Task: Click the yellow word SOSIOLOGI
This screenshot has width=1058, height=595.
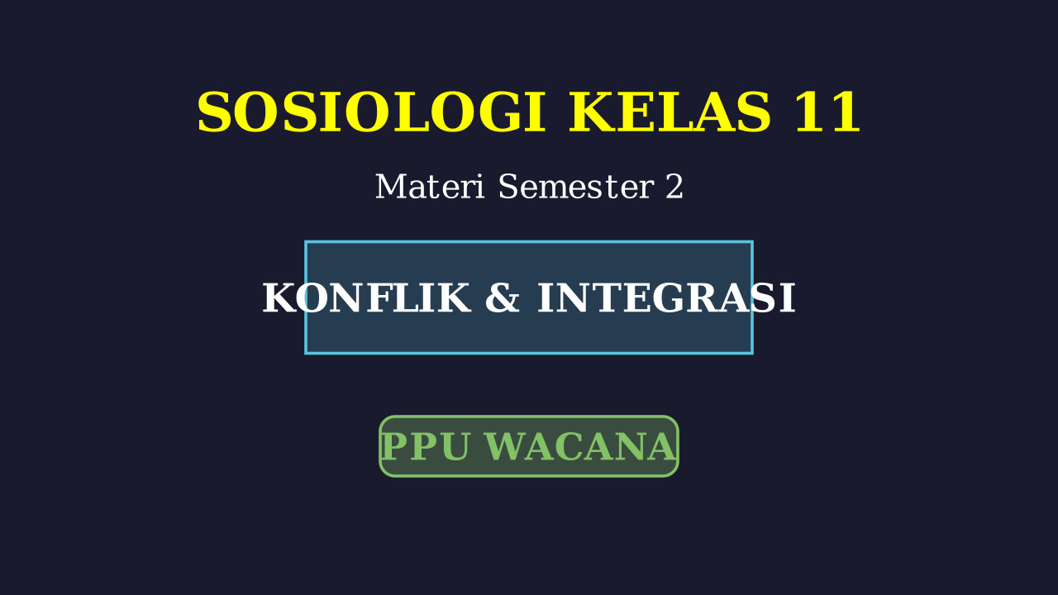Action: coord(372,112)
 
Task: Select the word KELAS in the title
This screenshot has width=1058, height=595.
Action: coord(670,112)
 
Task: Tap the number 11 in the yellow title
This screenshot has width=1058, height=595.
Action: coord(827,112)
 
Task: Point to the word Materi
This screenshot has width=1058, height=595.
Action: coord(430,187)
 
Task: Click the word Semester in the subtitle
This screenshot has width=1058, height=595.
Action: coord(576,187)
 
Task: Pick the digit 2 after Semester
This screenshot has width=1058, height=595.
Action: coord(674,187)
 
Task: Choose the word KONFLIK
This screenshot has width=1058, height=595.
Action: coord(366,298)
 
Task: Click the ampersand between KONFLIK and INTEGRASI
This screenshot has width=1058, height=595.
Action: coord(503,298)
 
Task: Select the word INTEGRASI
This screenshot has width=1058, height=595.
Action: coord(666,298)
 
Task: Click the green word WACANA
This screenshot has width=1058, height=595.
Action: coord(580,446)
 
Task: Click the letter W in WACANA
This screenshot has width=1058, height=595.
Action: coord(505,446)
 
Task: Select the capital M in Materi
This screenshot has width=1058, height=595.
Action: coord(389,187)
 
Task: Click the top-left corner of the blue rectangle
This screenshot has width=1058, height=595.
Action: coord(306,242)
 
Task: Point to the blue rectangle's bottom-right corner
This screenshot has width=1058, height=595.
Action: coord(752,353)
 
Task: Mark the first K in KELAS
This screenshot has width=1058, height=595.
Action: coord(590,112)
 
